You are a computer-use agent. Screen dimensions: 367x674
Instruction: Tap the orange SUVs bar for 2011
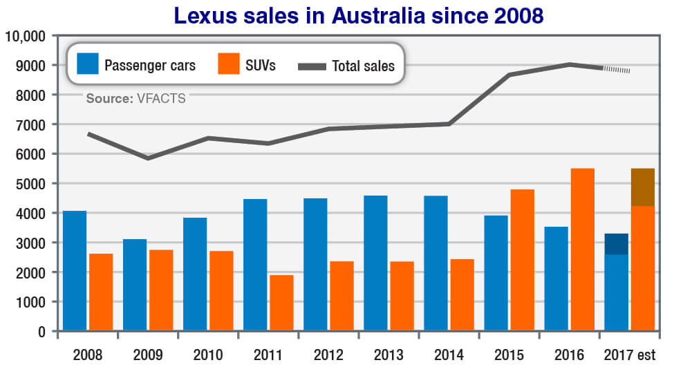281,303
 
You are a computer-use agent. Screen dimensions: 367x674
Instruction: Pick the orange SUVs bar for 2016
582,250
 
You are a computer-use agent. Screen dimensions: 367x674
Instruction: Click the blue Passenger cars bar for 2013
375,263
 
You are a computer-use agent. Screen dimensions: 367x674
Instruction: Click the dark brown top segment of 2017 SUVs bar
642,187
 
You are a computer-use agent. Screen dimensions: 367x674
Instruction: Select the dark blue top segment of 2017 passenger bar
616,244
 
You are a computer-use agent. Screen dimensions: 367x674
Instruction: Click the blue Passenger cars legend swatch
86,65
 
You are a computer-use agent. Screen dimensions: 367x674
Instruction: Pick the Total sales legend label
363,66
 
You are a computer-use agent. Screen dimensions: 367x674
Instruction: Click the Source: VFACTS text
135,99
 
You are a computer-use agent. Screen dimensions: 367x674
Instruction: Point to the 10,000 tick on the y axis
25,35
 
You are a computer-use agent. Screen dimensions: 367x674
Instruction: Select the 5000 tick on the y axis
30,184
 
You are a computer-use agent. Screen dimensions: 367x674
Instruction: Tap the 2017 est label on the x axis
629,355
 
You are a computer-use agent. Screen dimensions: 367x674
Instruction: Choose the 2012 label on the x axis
328,355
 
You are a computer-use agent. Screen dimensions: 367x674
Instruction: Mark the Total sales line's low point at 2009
147,158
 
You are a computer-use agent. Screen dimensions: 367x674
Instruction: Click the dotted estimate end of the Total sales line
617,70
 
